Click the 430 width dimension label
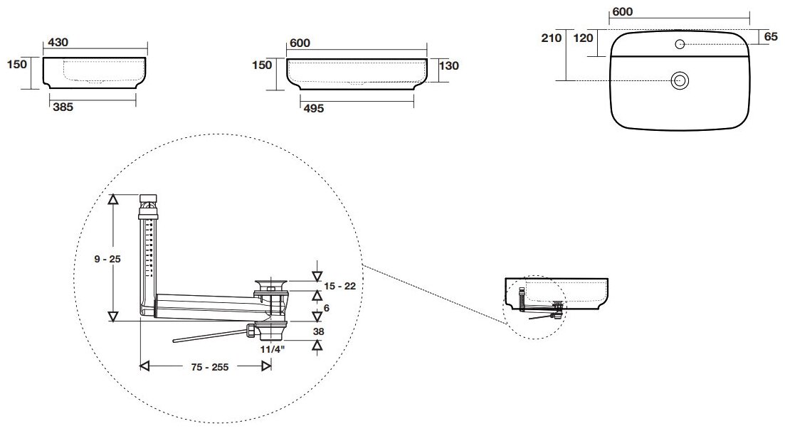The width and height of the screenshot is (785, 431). [58, 43]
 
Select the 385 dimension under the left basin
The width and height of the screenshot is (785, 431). [62, 108]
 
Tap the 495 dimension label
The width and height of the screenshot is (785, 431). [313, 108]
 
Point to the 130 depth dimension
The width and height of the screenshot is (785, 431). [448, 65]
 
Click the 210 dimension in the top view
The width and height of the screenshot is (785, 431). [552, 38]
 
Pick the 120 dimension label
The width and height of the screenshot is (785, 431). [583, 38]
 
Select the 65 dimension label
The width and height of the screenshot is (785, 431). [769, 37]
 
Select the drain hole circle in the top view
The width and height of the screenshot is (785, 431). [680, 80]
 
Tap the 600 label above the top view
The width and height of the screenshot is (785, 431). [622, 12]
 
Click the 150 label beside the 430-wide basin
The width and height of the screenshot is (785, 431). [18, 65]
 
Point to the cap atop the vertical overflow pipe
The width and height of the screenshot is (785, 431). [149, 198]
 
